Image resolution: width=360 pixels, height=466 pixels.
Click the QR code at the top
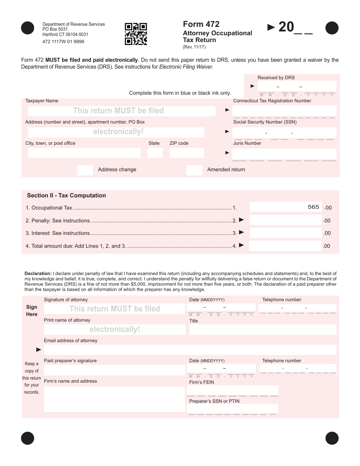coord(136,34)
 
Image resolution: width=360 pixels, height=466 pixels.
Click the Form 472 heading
coord(201,24)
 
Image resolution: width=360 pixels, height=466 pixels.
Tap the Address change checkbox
coord(85,170)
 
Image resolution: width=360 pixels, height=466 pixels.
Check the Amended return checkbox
coord(194,170)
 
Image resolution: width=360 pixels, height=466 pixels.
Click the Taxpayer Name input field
coord(122,111)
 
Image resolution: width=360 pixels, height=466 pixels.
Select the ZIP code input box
coord(186,153)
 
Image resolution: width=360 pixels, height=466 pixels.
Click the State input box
coord(155,153)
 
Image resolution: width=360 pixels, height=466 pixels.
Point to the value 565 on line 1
coord(313,207)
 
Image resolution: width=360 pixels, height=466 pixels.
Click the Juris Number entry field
coord(284,153)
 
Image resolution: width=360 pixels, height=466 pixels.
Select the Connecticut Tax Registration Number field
coord(284,111)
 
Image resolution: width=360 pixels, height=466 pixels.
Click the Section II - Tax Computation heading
coord(66,195)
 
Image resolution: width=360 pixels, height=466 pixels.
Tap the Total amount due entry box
coord(285,246)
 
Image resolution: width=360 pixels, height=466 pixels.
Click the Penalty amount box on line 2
coord(285,220)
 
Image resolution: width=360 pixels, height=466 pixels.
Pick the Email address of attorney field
coord(190,350)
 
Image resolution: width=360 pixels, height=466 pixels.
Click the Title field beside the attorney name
coord(263,330)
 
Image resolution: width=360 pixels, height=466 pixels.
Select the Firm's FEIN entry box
coord(233,390)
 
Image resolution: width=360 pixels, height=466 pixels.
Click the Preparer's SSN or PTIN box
coord(233,408)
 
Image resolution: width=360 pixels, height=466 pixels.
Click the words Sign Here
coord(32,311)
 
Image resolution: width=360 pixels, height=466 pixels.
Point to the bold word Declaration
coord(38,273)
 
